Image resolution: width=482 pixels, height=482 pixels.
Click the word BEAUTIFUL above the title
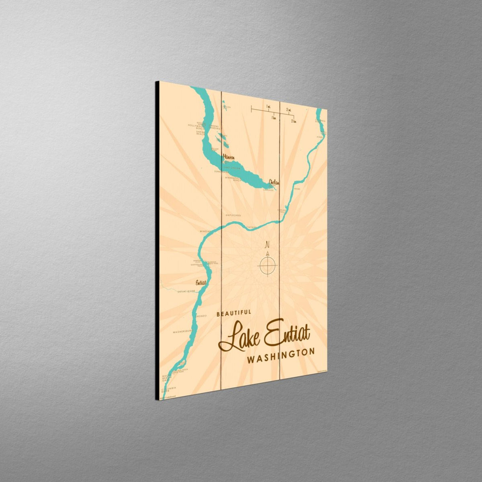tap(234, 313)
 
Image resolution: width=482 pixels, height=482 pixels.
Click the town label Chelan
tap(274, 182)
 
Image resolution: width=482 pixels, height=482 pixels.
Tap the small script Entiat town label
tap(201, 282)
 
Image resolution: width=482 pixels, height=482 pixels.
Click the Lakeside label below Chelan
tap(268, 190)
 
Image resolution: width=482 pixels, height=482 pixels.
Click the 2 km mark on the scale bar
tap(294, 121)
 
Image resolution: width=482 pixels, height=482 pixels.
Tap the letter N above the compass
tap(267, 245)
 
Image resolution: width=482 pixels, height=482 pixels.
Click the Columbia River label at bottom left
tap(168, 390)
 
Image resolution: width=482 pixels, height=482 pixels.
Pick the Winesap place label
tap(206, 231)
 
